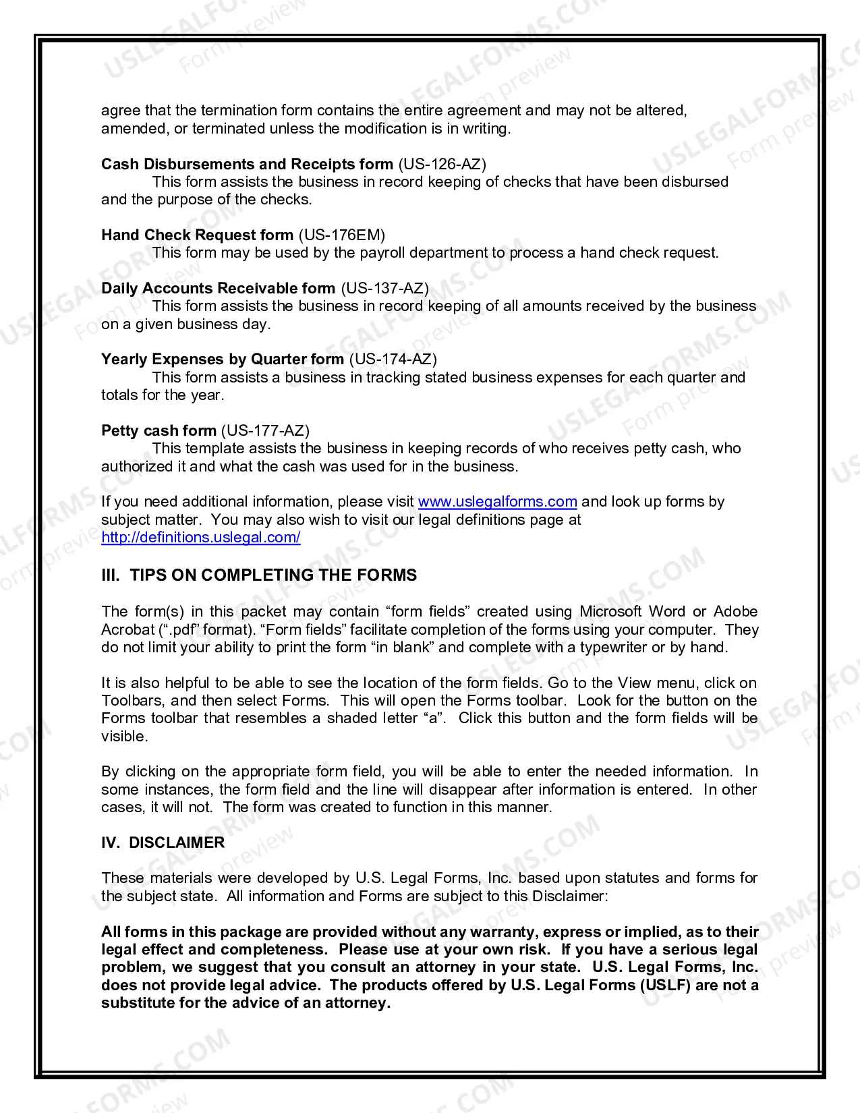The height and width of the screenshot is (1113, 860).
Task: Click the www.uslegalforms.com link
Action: [497, 502]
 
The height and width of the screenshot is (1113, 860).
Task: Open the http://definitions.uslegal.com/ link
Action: [200, 538]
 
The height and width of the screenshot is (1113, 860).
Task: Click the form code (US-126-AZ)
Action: [442, 164]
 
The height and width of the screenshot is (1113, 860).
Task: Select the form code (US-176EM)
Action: [342, 235]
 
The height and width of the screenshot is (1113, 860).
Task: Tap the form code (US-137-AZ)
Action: [384, 288]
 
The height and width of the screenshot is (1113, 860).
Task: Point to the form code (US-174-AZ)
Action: [393, 359]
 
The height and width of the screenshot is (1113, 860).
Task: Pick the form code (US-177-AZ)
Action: [265, 430]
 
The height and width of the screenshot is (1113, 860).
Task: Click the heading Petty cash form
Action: [159, 430]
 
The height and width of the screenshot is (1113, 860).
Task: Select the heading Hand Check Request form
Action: [197, 235]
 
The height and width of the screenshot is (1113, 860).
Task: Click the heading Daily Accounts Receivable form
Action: [218, 288]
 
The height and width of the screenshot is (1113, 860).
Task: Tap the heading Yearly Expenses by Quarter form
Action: [223, 359]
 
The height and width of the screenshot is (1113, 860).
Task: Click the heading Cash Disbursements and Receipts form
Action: [247, 164]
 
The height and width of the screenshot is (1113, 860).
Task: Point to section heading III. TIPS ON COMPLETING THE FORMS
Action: [259, 575]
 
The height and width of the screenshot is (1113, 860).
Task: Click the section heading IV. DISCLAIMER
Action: [163, 843]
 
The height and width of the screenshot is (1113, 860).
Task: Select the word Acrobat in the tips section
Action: [128, 630]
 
